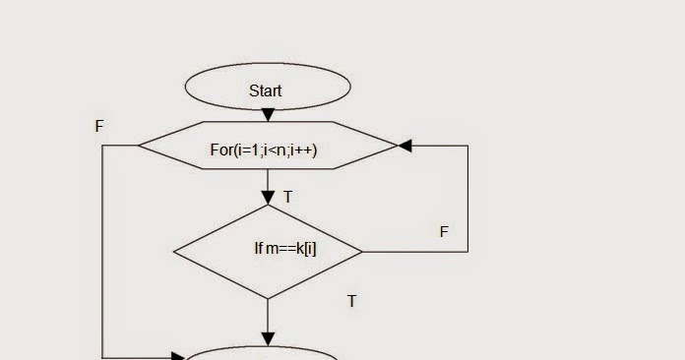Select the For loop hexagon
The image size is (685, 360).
[x=268, y=147]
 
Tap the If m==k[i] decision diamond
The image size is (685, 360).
[x=268, y=251]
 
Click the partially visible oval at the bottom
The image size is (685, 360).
[x=263, y=353]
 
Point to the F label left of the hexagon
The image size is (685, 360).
[x=99, y=127]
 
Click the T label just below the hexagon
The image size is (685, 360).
[x=288, y=198]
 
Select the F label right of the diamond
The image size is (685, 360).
[x=444, y=232]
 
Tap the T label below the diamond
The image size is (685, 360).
[x=351, y=301]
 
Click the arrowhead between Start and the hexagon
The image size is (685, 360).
[x=268, y=116]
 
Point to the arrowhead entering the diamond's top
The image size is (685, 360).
[x=268, y=199]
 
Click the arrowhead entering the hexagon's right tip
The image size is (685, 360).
[x=405, y=146]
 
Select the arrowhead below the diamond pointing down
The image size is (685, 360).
[x=268, y=339]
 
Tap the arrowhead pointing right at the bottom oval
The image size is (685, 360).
[x=180, y=356]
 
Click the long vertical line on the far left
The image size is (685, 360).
[x=102, y=251]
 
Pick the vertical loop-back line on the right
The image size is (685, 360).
[x=467, y=197]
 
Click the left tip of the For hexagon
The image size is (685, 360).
[x=140, y=146]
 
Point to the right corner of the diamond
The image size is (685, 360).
[x=360, y=251]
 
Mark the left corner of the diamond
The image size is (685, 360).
[x=175, y=251]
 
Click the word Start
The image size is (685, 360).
[x=266, y=90]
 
